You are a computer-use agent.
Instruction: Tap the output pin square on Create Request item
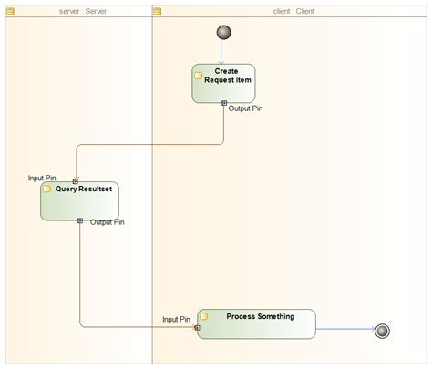pyautogui.click(x=224, y=103)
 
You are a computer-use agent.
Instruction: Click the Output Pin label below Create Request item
pyautogui.click(x=246, y=108)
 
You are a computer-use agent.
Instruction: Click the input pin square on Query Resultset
pyautogui.click(x=76, y=180)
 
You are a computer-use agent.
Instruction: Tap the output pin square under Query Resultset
pyautogui.click(x=80, y=220)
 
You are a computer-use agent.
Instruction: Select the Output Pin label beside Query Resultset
pyautogui.click(x=108, y=221)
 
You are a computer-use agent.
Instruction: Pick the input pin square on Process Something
pyautogui.click(x=197, y=326)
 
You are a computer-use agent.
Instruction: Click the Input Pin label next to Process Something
pyautogui.click(x=176, y=320)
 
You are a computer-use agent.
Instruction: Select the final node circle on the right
pyautogui.click(x=382, y=330)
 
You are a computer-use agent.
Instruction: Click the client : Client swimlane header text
pyautogui.click(x=293, y=11)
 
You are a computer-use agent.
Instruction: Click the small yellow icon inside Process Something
pyautogui.click(x=204, y=316)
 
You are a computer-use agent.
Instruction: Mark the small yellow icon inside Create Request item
pyautogui.click(x=198, y=76)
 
